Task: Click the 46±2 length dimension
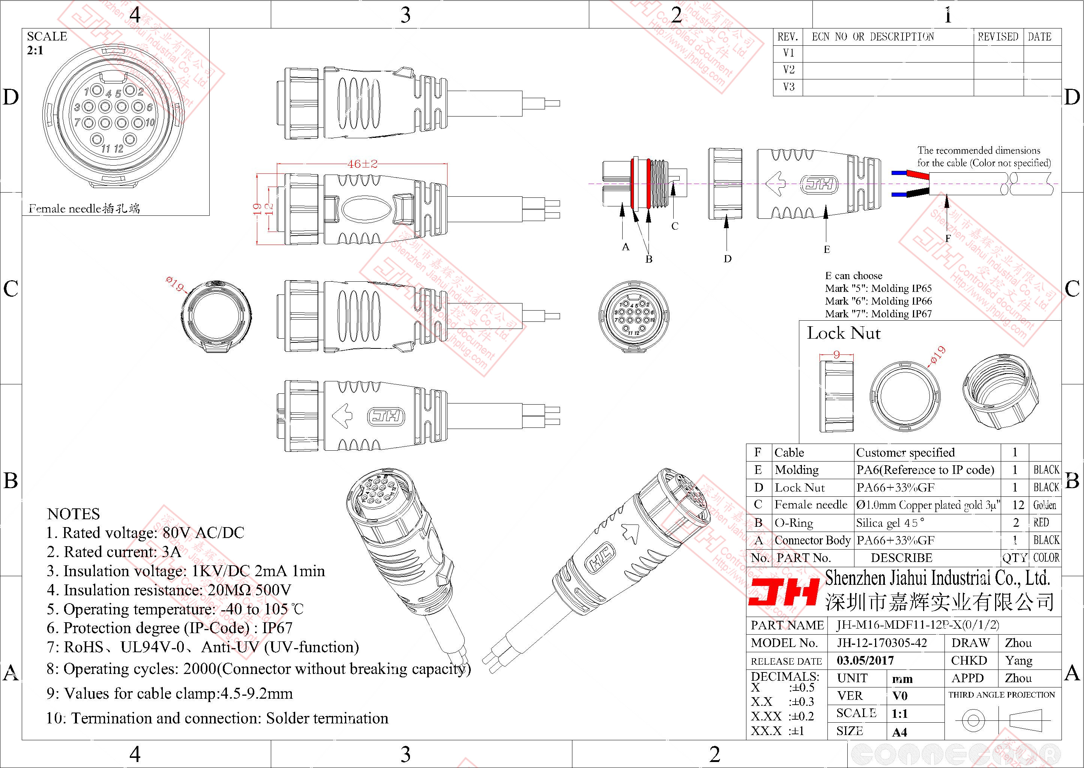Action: pos(362,164)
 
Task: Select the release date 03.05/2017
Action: pos(865,660)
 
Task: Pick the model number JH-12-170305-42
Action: pos(881,643)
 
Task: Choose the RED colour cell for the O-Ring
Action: pos(1041,523)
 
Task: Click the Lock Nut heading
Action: pos(844,333)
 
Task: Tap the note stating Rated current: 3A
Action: pos(114,552)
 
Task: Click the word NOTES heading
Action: pos(74,514)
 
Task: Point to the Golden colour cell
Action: pos(1045,505)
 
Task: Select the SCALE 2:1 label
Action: pos(47,43)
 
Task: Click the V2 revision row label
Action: pos(789,70)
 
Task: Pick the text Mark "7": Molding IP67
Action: pos(878,314)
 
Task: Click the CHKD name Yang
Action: pos(1019,660)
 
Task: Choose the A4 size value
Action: pos(899,732)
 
